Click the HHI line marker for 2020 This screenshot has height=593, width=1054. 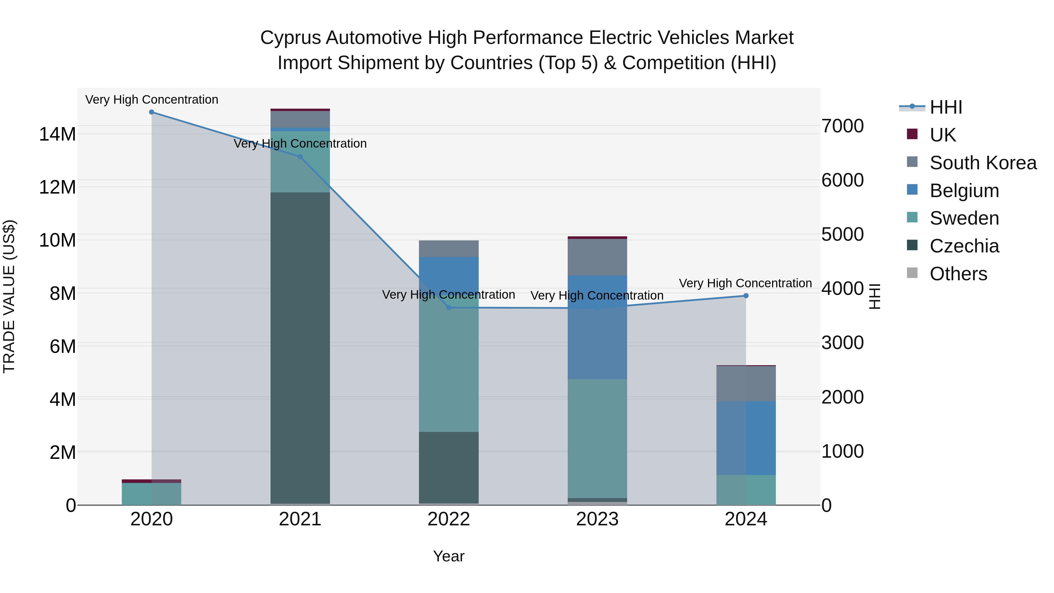[151, 112]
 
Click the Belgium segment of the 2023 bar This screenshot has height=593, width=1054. [597, 327]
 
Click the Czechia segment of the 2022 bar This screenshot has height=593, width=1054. [449, 467]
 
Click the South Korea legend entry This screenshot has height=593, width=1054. [983, 163]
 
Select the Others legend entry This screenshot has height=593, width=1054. [958, 274]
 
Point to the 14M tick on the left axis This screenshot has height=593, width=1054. [57, 134]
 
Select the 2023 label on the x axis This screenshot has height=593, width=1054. [597, 519]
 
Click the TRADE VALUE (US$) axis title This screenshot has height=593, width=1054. [9, 296]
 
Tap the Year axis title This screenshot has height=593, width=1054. [449, 556]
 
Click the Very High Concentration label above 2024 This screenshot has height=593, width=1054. [745, 283]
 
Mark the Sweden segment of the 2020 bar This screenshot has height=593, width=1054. [151, 494]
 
